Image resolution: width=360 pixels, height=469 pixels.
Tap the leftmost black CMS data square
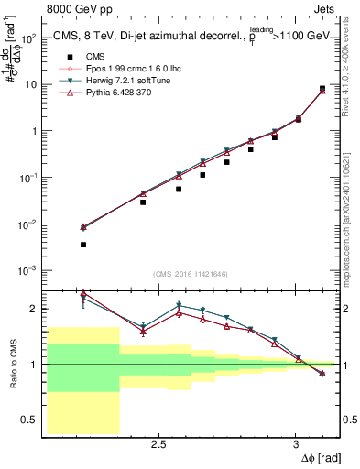(x=83, y=245)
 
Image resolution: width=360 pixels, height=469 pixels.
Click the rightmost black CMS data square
(x=322, y=89)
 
